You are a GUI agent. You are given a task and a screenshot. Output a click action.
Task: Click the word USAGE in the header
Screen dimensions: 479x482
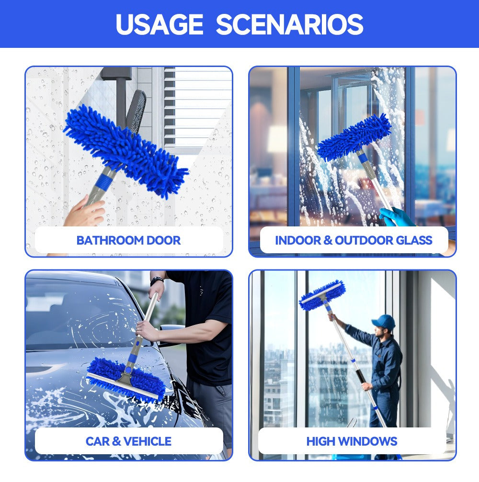(160, 24)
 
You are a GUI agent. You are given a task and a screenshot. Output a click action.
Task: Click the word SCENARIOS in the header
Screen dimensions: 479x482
(289, 24)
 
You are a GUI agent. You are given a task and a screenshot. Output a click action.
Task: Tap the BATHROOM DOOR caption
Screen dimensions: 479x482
(128, 240)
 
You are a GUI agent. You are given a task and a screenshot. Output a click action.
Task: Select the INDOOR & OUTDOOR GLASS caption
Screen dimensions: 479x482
(354, 240)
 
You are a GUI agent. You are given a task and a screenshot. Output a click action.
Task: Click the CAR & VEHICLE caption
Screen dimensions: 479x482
(128, 441)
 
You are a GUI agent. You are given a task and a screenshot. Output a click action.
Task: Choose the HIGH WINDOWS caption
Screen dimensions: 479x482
(352, 441)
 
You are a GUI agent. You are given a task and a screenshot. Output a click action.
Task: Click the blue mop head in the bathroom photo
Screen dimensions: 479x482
(125, 151)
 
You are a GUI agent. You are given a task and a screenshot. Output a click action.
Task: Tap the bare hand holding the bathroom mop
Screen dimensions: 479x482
(85, 212)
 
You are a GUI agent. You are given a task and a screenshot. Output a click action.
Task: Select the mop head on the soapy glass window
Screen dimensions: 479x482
(354, 138)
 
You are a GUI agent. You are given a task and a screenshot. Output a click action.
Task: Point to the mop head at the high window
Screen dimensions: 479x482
(322, 295)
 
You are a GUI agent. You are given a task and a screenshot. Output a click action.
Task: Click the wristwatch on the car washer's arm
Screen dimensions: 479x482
(157, 280)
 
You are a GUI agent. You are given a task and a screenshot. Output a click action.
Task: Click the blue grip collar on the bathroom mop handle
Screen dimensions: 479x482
(104, 181)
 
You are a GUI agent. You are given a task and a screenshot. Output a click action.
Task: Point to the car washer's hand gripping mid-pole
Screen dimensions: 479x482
(145, 330)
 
